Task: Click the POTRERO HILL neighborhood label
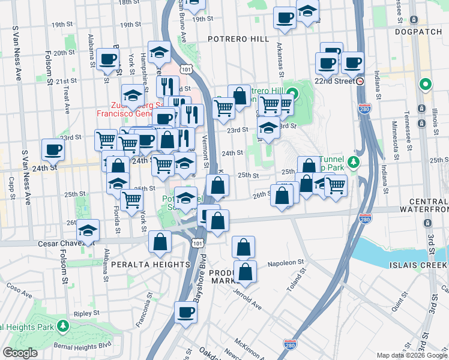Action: (x=238, y=38)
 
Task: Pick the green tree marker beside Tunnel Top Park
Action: (x=354, y=162)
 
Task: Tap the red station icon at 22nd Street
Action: (x=360, y=81)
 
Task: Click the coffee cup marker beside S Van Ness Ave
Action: (x=52, y=149)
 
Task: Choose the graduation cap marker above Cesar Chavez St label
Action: (x=88, y=231)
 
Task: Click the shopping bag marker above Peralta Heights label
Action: (x=160, y=242)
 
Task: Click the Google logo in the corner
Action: (x=20, y=353)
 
